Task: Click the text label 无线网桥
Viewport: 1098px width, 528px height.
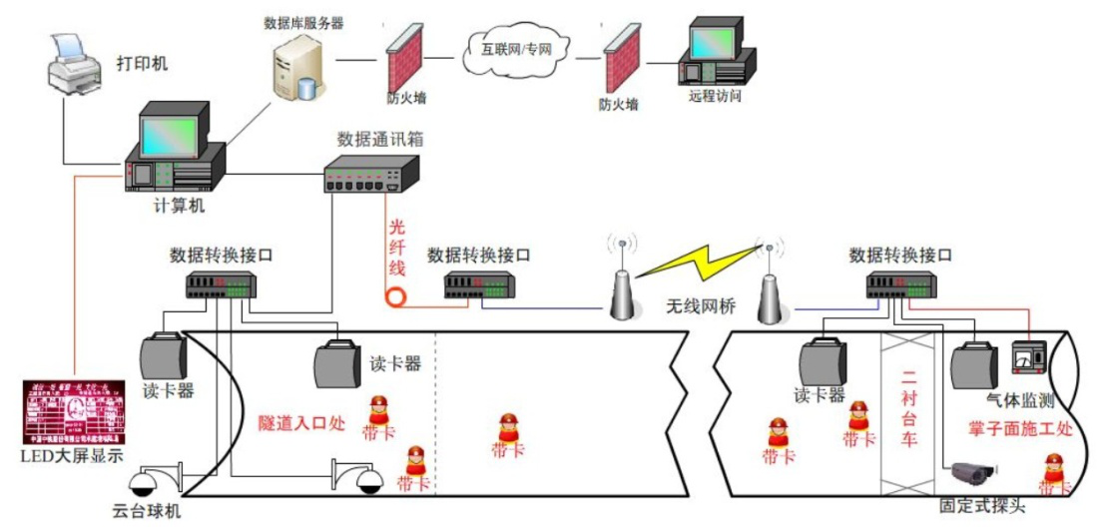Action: pos(701,306)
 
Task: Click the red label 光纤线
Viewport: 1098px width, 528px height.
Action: pos(397,246)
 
